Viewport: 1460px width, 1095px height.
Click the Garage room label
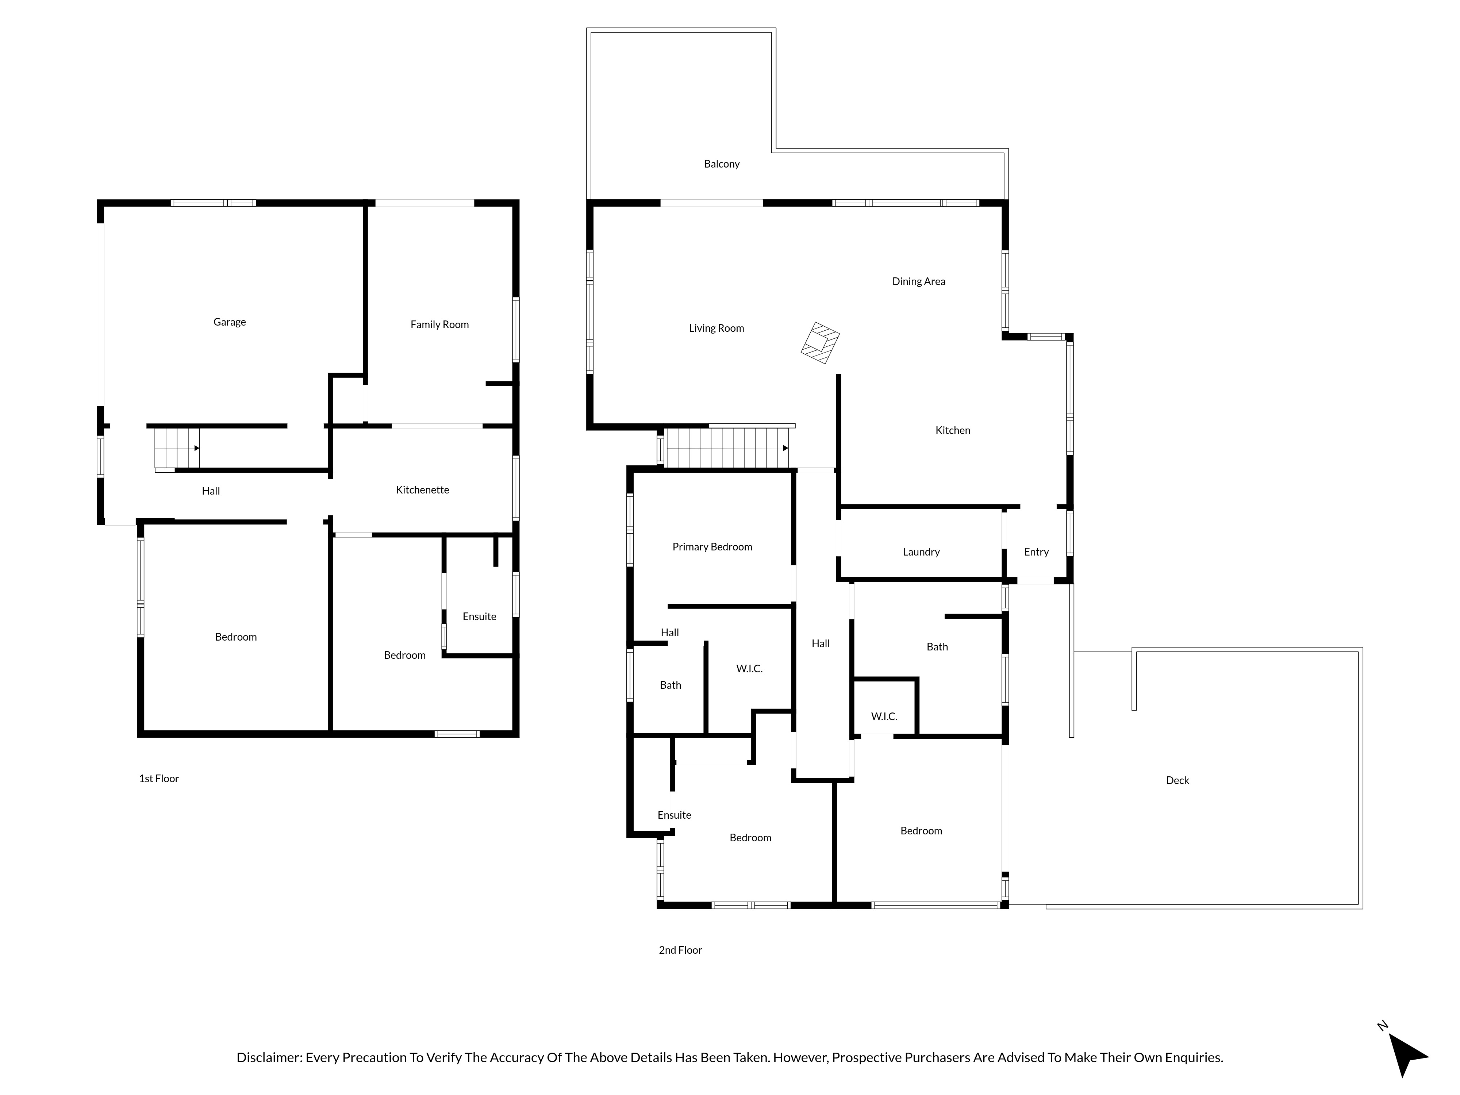230,322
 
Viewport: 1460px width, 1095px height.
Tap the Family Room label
439,325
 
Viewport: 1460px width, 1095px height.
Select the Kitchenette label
422,490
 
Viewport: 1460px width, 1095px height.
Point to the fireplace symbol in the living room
820,343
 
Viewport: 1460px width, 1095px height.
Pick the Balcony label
721,164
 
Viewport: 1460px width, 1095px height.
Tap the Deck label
1177,780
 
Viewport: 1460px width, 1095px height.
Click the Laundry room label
921,552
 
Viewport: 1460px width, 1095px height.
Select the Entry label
1036,552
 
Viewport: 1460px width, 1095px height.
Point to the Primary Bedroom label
712,546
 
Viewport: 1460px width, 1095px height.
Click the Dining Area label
919,281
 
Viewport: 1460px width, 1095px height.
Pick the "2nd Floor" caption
680,950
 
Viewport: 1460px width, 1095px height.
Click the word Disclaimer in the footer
269,1057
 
